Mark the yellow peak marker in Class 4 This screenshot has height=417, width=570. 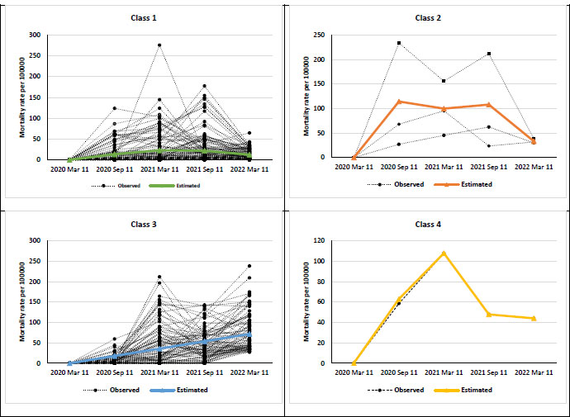point(444,253)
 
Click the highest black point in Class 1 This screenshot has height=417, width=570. point(159,45)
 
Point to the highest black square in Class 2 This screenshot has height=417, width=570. point(399,43)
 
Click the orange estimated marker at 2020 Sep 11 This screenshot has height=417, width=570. point(399,102)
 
